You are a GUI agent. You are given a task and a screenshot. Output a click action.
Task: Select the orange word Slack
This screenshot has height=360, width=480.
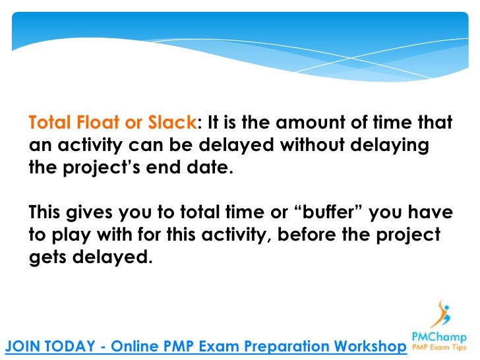pyautogui.click(x=168, y=123)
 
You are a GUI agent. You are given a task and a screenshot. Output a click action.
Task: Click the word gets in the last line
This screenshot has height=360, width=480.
pyautogui.click(x=49, y=257)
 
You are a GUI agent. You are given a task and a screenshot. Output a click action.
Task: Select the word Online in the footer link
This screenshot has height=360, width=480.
pyautogui.click(x=136, y=346)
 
